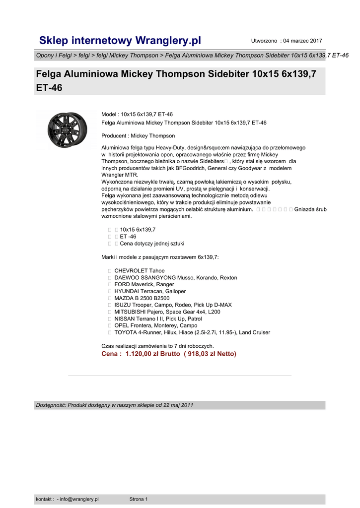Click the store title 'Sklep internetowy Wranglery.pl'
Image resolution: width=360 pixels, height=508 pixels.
pos(120,40)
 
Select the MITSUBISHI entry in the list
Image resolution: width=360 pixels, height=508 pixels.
pos(131,312)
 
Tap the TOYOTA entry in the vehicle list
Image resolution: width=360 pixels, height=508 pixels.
pos(126,332)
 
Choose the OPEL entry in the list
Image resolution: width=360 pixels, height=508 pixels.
pos(122,325)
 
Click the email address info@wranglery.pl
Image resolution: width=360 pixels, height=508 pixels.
pos(79,499)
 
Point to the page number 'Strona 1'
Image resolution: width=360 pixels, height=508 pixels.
pos(139,499)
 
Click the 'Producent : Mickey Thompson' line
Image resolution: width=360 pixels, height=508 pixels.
pos(138,136)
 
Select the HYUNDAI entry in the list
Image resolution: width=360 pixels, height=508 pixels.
pos(127,291)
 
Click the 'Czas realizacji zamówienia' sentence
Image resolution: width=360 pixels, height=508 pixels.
pos(157,346)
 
